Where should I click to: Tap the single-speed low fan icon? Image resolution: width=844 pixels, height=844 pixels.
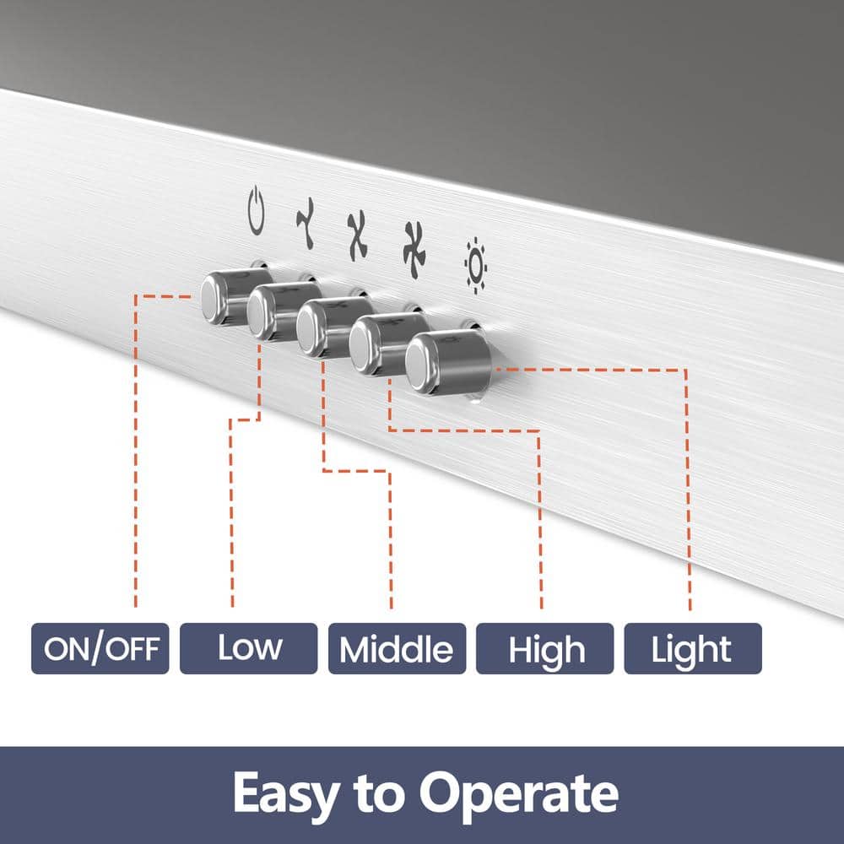click(x=306, y=223)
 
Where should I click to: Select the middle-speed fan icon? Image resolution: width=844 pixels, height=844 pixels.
click(x=357, y=235)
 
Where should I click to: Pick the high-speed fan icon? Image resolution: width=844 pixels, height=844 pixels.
click(x=414, y=251)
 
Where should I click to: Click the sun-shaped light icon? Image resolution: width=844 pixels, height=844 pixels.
click(x=476, y=265)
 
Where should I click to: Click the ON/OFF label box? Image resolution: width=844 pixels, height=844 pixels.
click(x=100, y=648)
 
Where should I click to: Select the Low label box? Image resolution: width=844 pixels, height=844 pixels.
click(x=249, y=648)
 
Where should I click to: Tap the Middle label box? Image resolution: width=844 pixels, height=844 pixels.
click(x=398, y=648)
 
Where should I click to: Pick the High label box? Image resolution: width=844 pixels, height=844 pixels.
click(x=544, y=648)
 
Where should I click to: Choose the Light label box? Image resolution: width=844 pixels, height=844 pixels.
click(x=693, y=648)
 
